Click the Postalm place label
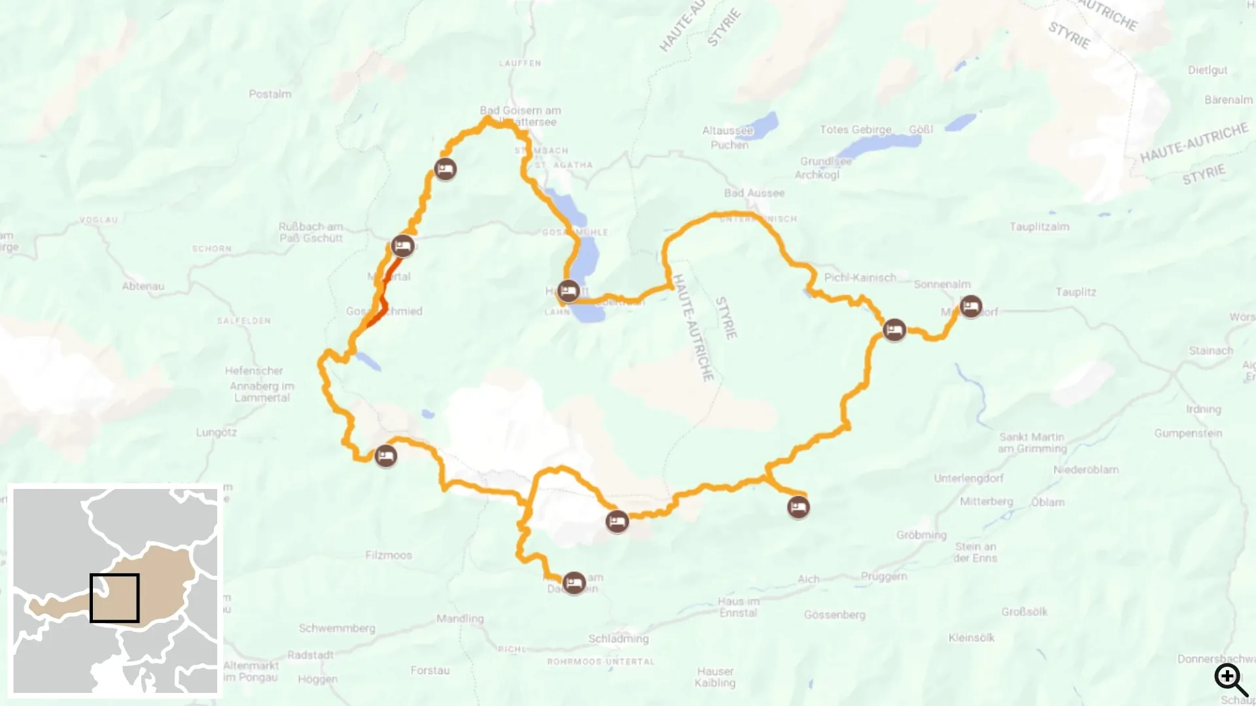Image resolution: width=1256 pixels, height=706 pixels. (x=270, y=94)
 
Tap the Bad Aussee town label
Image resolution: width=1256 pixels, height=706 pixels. (x=754, y=193)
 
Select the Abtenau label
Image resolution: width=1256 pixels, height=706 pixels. (x=143, y=286)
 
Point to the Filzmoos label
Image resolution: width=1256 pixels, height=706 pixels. (x=389, y=555)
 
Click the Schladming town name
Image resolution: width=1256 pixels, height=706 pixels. (x=618, y=638)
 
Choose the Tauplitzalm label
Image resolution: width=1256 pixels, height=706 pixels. (x=1039, y=227)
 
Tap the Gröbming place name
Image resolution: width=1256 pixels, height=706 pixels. (x=921, y=535)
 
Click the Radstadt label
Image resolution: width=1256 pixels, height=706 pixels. (x=310, y=654)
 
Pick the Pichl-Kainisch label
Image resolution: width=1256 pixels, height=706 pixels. (x=860, y=277)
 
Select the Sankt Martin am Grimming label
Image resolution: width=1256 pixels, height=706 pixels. (x=1032, y=443)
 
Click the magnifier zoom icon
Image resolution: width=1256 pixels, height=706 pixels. (x=1230, y=679)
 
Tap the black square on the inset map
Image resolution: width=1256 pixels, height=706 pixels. (x=114, y=598)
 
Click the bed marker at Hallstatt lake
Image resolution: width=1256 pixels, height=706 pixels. (x=568, y=291)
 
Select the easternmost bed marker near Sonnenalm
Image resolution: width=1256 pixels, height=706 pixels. (x=971, y=306)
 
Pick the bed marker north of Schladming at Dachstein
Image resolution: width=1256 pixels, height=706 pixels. (x=574, y=582)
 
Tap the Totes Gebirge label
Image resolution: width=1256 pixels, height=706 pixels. (x=855, y=129)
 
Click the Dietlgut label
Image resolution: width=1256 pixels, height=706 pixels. (x=1208, y=70)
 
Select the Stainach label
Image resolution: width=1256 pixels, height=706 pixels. (x=1210, y=350)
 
